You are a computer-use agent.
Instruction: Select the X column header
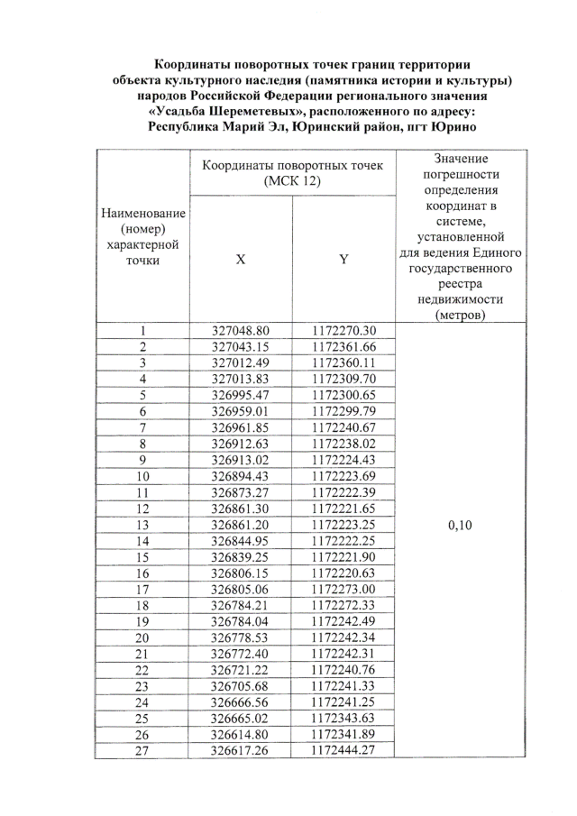(240, 259)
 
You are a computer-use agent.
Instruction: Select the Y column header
(343, 259)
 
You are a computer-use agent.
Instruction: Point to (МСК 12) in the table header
(292, 181)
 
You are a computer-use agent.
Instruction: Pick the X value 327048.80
(241, 331)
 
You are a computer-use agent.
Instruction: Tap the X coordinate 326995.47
(241, 394)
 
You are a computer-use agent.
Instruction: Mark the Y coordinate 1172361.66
(343, 346)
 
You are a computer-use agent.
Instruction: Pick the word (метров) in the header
(461, 315)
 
